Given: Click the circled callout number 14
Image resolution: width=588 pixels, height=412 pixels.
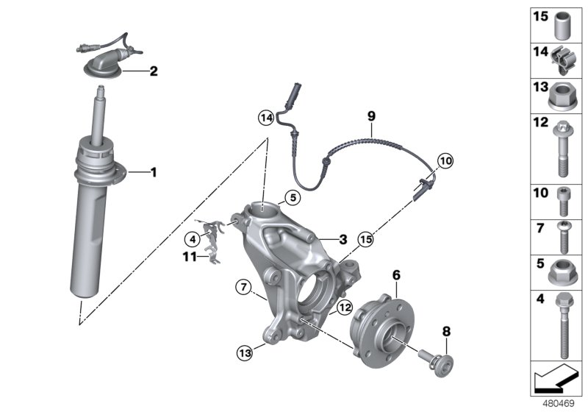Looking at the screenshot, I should tap(265, 117).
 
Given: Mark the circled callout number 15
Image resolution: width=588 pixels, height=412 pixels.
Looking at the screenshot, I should tap(365, 238).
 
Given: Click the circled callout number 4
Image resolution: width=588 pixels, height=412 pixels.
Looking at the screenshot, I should tap(192, 238).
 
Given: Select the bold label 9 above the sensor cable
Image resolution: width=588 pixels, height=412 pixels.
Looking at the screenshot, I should tap(371, 116).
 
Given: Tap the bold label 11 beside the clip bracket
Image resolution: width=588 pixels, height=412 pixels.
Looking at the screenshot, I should tap(190, 257).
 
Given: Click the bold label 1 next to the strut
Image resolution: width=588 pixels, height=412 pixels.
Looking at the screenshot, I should tap(154, 173).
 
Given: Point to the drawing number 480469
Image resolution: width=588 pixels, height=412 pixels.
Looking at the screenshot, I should tap(557, 402).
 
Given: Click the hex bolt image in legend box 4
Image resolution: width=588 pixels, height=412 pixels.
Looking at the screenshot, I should tap(564, 324).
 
